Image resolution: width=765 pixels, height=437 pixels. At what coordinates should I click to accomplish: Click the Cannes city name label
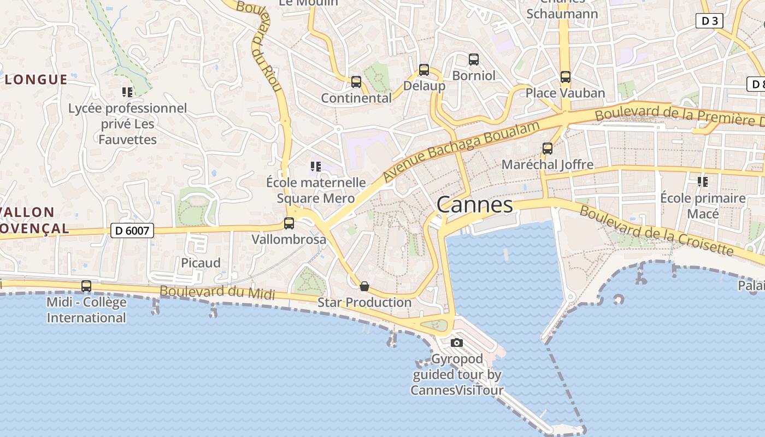pos(475,205)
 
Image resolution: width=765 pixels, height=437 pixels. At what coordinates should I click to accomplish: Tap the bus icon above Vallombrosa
pos(289,223)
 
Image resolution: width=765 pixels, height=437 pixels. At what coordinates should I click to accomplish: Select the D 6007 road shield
pos(132,231)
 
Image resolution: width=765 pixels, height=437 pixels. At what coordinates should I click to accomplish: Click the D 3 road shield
pos(709,21)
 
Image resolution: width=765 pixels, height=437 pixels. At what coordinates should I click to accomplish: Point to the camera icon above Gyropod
pos(457,343)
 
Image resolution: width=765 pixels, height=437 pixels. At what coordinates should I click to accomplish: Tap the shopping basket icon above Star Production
pos(364,286)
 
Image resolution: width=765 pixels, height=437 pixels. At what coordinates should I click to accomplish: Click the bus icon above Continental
pos(356,82)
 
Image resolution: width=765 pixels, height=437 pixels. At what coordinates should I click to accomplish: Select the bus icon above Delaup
pos(424,70)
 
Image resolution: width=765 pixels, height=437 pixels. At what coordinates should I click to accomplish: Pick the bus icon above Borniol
pos(474,60)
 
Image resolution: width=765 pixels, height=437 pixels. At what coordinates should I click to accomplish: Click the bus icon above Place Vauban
pos(566,77)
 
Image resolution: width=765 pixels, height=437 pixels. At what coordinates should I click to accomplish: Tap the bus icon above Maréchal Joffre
pos(547,148)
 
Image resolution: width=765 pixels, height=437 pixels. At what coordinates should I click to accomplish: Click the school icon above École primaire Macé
pos(703,181)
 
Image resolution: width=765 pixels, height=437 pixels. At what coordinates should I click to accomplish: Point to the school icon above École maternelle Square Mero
pos(315,166)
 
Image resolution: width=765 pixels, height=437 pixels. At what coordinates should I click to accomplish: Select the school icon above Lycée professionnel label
pos(127,92)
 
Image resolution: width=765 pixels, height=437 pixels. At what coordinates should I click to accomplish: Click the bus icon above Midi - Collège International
pos(86,286)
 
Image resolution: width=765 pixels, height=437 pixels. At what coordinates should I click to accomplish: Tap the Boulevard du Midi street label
pos(217,292)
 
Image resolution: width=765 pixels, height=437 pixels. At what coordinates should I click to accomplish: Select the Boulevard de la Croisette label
pos(656,230)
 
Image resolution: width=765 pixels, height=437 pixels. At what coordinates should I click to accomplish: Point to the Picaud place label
pos(201,263)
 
